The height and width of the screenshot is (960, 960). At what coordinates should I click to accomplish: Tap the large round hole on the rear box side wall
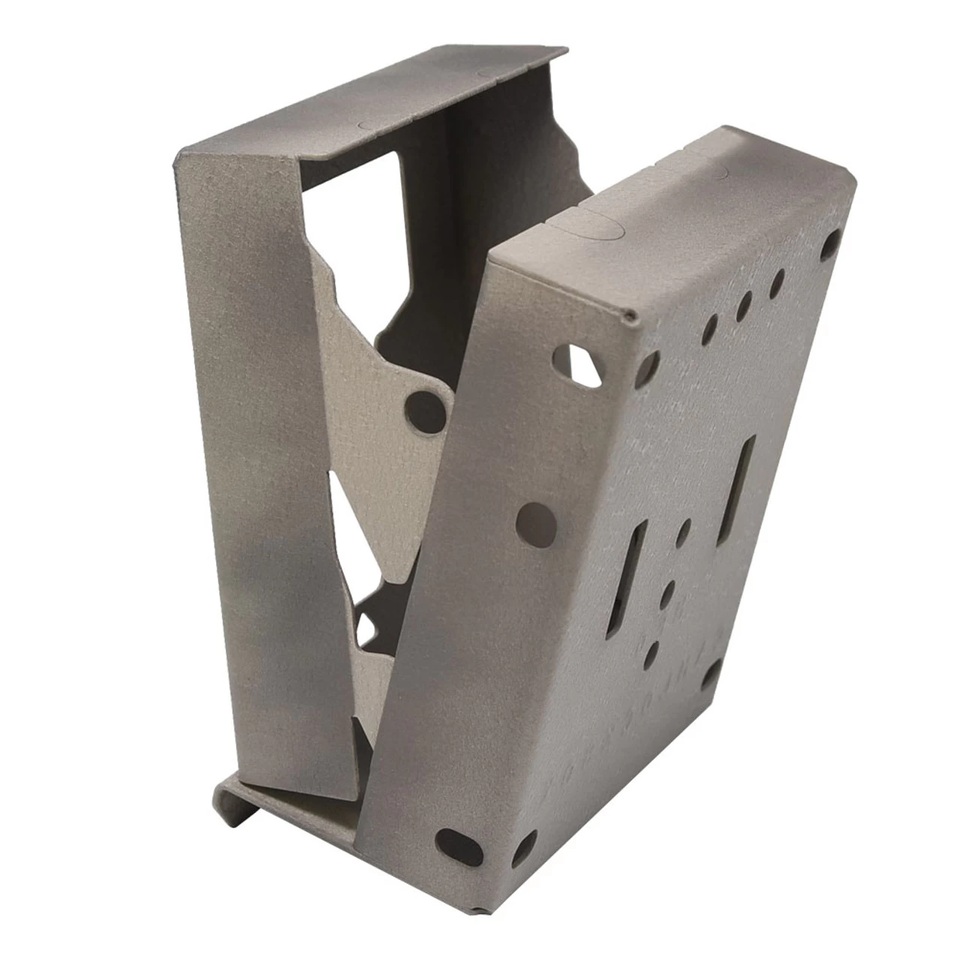pos(535,518)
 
